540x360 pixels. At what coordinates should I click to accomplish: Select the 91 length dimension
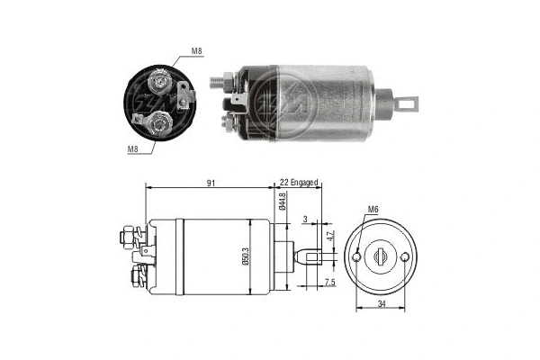click(x=209, y=183)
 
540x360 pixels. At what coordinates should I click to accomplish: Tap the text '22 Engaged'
click(x=299, y=183)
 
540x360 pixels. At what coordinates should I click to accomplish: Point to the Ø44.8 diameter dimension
click(x=283, y=202)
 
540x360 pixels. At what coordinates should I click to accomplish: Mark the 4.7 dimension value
click(x=330, y=237)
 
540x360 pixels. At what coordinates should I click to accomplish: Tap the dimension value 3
click(x=306, y=219)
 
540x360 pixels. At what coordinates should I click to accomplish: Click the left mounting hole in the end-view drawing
click(x=357, y=258)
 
